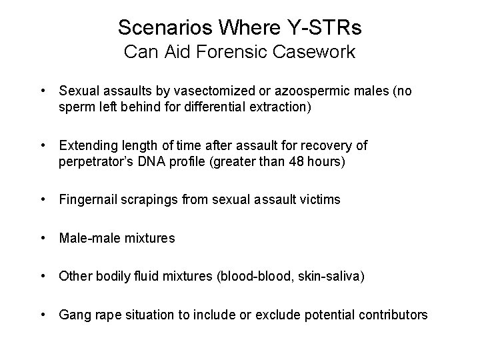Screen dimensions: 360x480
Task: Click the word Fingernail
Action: (x=86, y=199)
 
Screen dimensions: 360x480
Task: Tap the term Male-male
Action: (x=85, y=237)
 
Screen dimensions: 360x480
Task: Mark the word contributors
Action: (x=395, y=313)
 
